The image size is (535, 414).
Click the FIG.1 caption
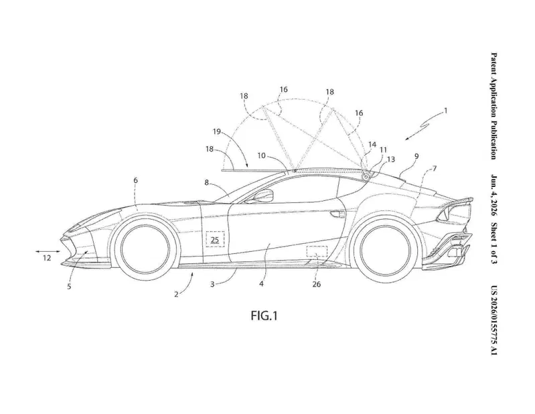[x=264, y=316]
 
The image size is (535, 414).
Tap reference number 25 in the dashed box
[x=215, y=240]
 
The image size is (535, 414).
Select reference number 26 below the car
[x=316, y=284]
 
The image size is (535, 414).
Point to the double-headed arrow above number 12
[x=48, y=251]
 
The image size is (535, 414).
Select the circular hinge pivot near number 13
[x=366, y=177]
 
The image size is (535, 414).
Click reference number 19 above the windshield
[x=217, y=132]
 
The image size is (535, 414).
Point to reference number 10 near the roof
[x=261, y=155]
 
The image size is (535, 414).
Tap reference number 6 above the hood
[x=135, y=180]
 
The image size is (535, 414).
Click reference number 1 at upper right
[x=445, y=111]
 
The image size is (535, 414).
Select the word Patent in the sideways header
[x=493, y=63]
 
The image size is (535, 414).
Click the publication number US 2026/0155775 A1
[x=493, y=320]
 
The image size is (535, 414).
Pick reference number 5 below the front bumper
[x=69, y=286]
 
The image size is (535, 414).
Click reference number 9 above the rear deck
[x=416, y=156]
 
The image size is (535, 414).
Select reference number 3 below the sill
[x=212, y=284]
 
